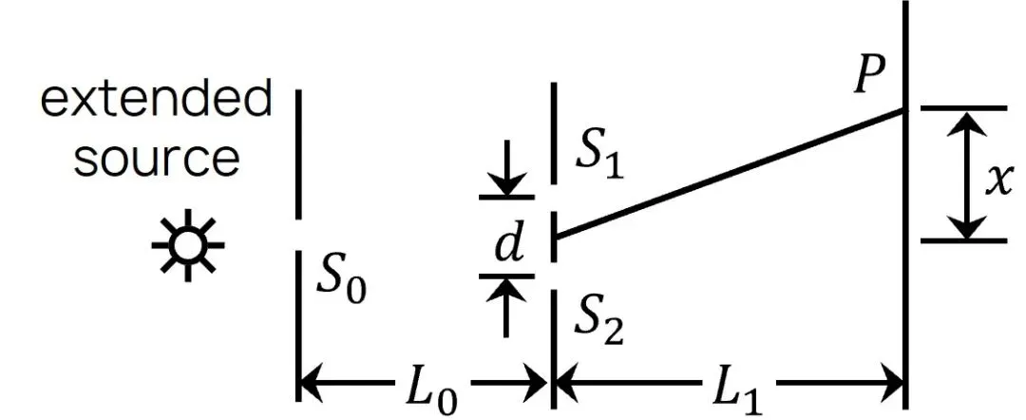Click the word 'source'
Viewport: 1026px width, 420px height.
[156, 160]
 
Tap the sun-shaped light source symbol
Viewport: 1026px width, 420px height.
[188, 245]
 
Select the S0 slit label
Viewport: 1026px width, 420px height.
[341, 281]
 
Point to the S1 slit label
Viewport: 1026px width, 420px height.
[598, 159]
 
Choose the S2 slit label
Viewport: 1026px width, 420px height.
[598, 324]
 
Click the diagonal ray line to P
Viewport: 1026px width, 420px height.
[730, 175]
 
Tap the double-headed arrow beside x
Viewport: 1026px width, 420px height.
[966, 175]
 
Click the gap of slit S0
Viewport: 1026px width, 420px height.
[298, 235]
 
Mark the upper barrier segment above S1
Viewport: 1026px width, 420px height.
[554, 133]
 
